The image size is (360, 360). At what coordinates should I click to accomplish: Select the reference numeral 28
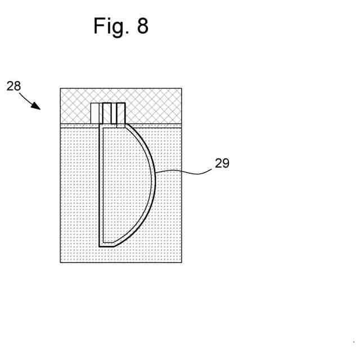[x=13, y=86]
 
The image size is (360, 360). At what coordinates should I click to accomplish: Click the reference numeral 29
[x=222, y=164]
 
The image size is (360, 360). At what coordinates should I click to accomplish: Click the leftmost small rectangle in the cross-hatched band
[x=94, y=112]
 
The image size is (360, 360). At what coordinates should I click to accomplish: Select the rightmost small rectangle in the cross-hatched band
[x=120, y=113]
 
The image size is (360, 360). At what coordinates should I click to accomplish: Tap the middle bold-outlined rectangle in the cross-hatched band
[x=107, y=113]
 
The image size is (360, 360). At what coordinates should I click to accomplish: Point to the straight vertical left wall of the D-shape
[x=100, y=186]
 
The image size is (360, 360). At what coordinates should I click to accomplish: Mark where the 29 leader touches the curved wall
[x=156, y=172]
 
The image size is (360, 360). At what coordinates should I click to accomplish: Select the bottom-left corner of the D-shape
[x=100, y=245]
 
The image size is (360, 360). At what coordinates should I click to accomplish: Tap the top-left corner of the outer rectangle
[x=61, y=89]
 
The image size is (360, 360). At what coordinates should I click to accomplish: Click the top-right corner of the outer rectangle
[x=181, y=89]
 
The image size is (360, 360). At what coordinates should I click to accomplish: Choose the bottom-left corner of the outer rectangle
[x=61, y=262]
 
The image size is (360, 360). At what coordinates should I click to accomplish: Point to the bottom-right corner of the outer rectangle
[x=181, y=262]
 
